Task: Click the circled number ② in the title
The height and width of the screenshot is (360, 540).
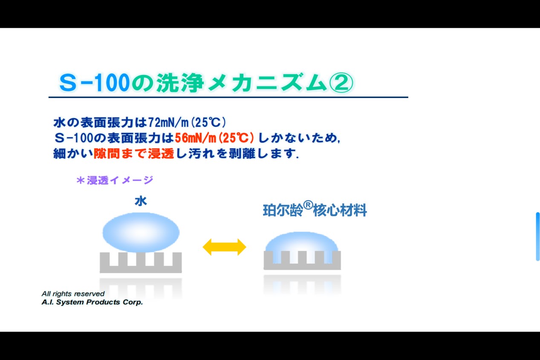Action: click(x=341, y=83)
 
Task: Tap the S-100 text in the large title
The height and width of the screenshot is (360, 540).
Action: click(x=94, y=83)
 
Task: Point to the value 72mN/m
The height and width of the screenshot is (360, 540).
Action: click(x=168, y=122)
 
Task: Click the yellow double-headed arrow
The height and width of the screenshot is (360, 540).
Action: click(x=224, y=247)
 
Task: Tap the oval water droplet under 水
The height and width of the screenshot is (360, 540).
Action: click(x=141, y=232)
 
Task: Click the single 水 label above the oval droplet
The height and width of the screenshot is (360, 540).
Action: click(x=141, y=201)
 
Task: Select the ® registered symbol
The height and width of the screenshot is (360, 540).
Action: click(x=308, y=205)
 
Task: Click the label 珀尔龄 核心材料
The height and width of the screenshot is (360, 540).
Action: click(x=315, y=210)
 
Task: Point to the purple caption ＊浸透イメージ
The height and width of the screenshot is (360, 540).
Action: click(x=115, y=180)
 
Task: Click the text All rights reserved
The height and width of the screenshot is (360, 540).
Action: click(x=73, y=294)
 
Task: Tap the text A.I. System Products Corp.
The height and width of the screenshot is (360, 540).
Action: click(x=92, y=302)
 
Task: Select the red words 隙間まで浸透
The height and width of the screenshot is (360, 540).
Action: click(x=134, y=153)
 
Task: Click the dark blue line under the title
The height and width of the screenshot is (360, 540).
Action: click(x=228, y=97)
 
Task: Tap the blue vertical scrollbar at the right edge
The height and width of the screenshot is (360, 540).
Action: click(x=538, y=236)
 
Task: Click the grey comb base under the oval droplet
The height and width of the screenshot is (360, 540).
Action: click(x=141, y=262)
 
